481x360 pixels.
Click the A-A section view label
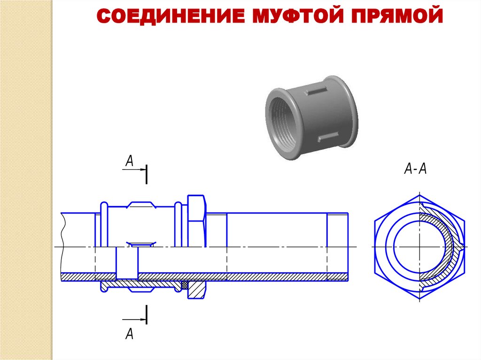pos(416,169)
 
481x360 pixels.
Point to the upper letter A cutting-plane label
pos(130,161)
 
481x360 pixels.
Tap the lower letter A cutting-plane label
pos(130,334)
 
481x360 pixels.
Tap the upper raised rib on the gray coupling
pos(316,91)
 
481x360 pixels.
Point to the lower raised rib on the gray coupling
pos(328,137)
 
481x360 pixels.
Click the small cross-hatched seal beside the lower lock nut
pos(185,285)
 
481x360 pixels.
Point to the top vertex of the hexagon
pos(419,194)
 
